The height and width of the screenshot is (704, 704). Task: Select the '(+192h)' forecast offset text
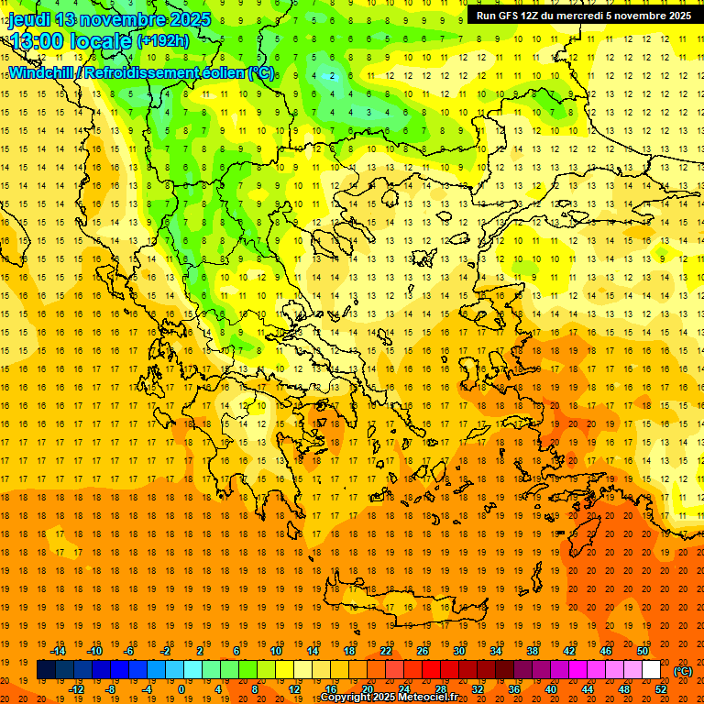point(163,41)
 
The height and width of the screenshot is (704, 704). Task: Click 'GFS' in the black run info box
point(510,16)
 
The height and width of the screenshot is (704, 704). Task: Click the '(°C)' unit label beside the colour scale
point(683,671)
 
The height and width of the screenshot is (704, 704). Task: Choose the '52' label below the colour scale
point(662,689)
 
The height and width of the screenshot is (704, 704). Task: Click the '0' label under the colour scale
point(181,689)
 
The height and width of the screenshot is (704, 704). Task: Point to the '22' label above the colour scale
point(386,651)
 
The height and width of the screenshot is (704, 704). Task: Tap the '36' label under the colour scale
point(513,689)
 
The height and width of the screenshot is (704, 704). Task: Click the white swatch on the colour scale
point(652,670)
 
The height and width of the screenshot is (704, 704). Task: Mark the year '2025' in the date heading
point(189,19)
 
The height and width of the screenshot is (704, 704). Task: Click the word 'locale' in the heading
point(103,41)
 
